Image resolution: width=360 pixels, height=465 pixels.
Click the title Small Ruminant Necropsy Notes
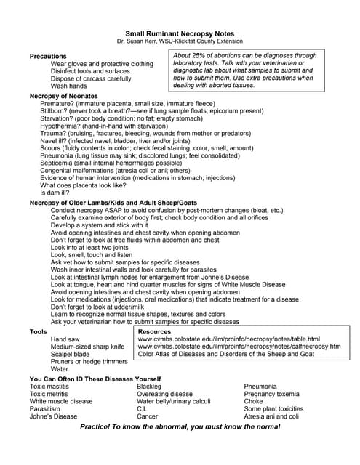[x=179, y=34]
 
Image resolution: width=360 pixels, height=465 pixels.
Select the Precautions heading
[x=48, y=56]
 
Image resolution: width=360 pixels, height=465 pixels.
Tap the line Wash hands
[x=68, y=86]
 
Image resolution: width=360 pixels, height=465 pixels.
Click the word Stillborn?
[x=57, y=112]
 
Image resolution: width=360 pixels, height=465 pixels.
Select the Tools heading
[x=39, y=331]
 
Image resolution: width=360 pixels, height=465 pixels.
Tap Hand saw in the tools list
[x=65, y=339]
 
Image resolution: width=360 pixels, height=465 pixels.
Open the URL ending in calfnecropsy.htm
[x=239, y=347]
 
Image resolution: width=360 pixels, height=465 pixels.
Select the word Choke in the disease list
[x=253, y=401]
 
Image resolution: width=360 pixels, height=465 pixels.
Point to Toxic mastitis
[x=52, y=387]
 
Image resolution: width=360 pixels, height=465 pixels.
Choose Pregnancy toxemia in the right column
[x=277, y=394]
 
